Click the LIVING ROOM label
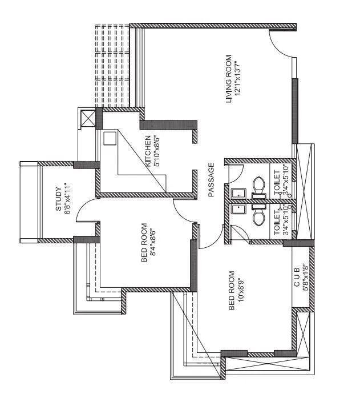229,79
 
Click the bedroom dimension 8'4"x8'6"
153,243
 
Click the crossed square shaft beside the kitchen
88,118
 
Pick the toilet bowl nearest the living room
258,184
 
